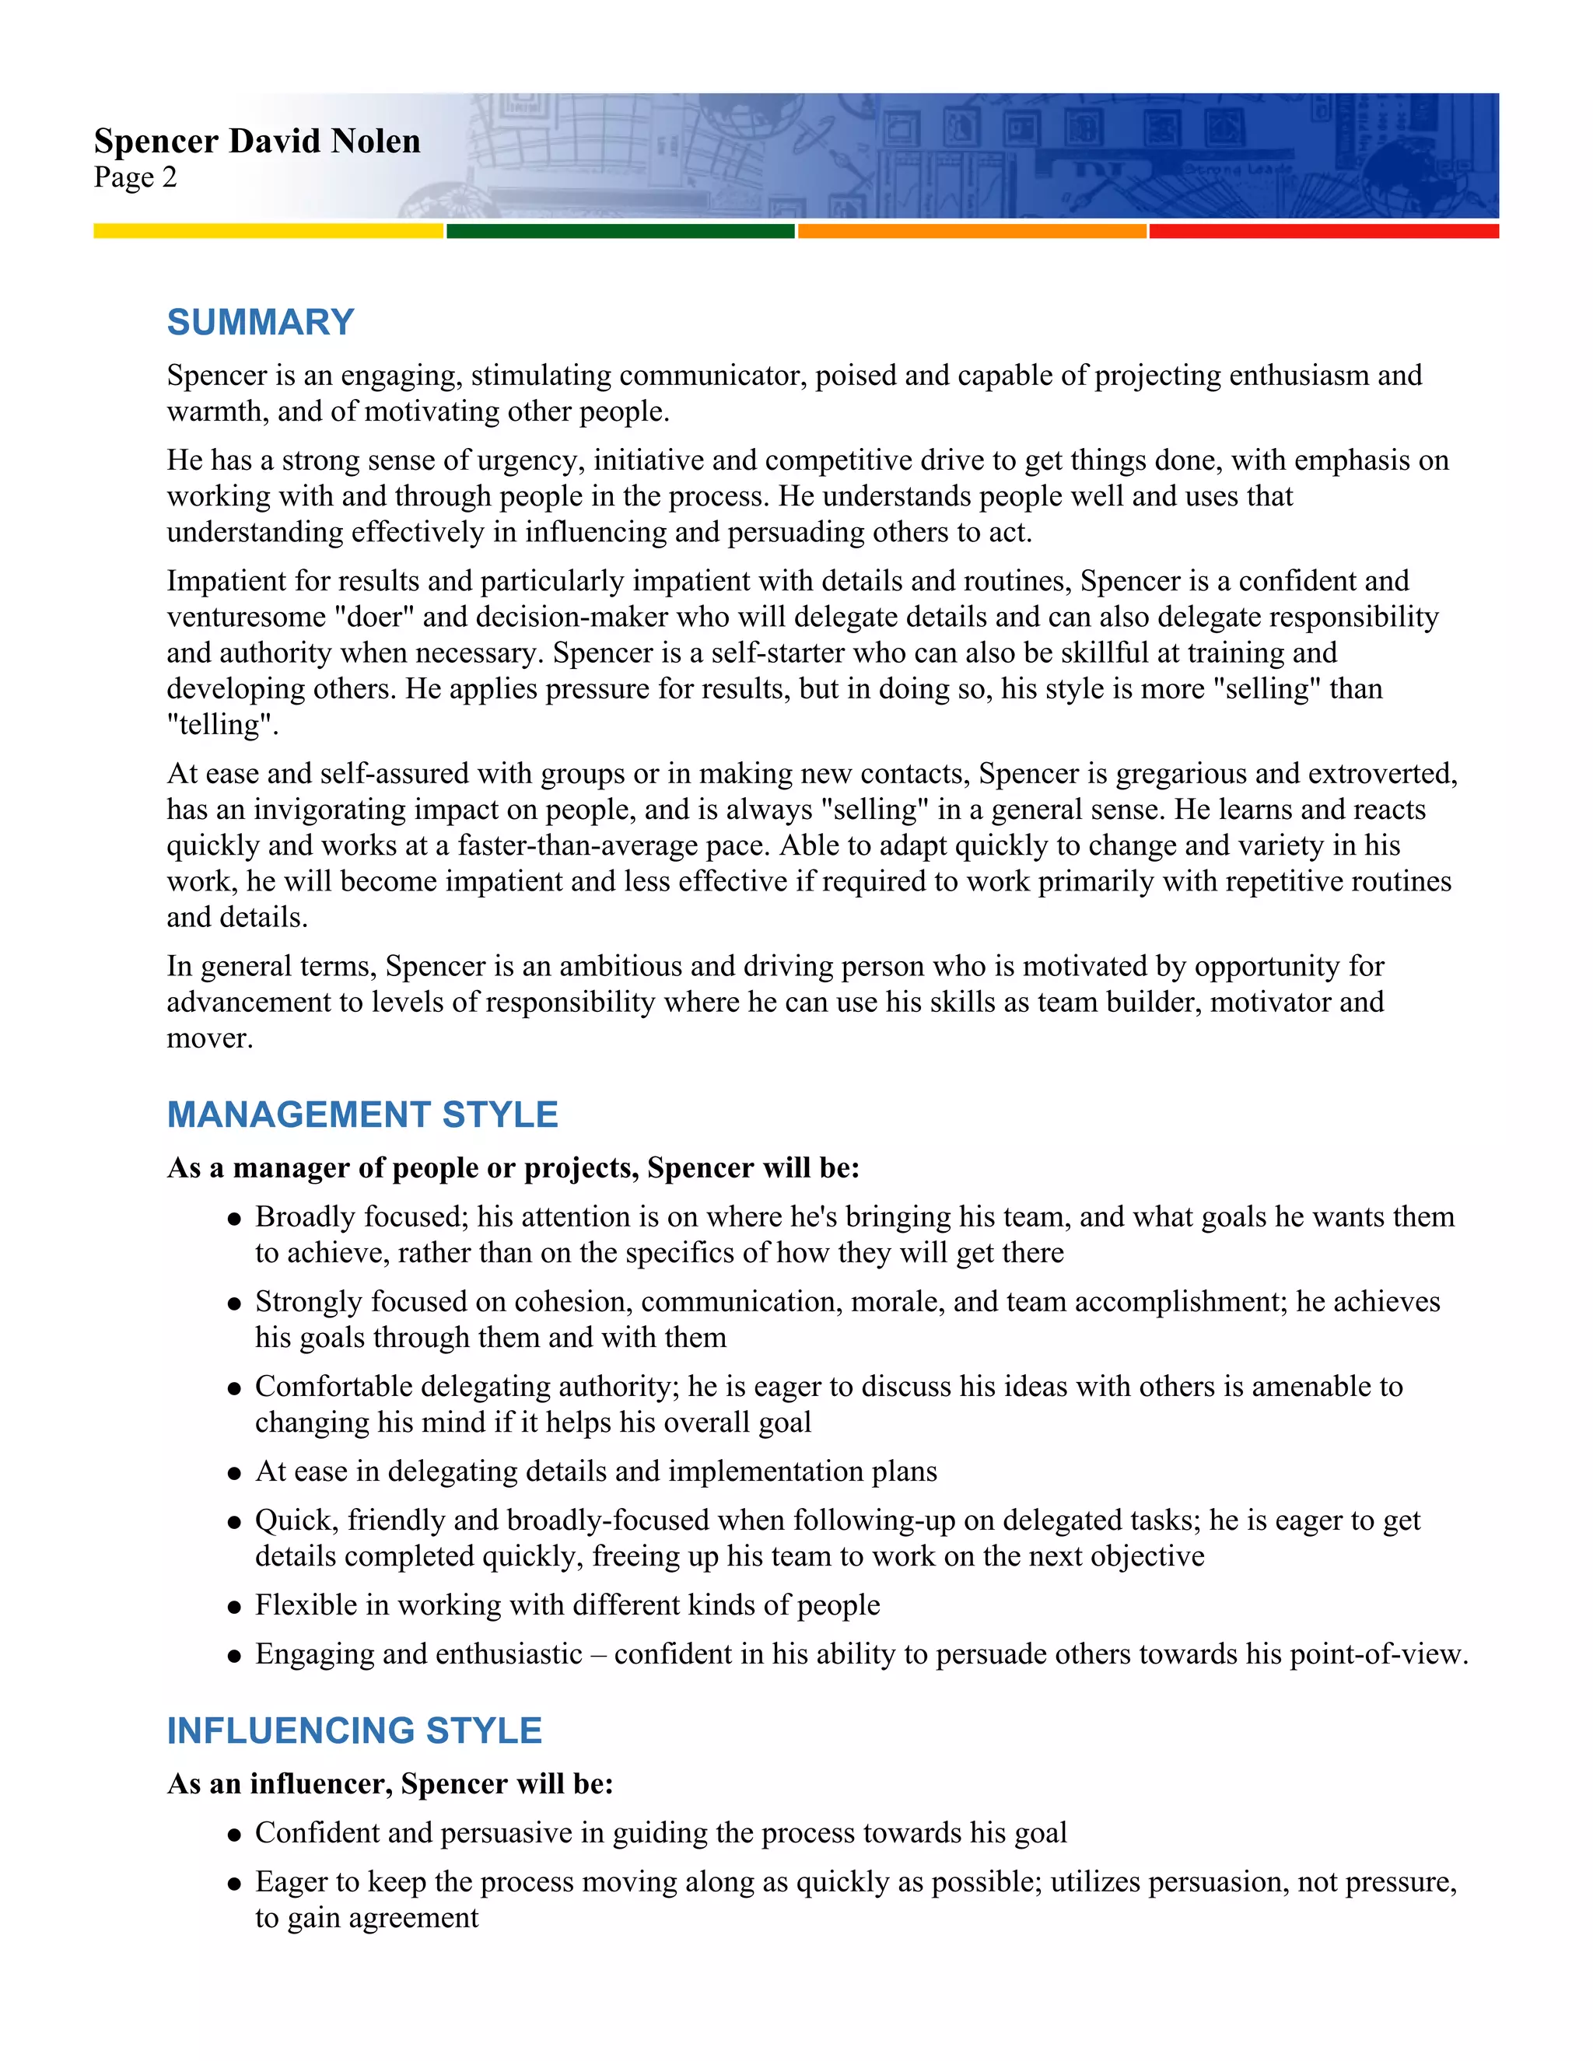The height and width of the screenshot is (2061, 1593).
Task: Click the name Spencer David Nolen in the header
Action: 257,142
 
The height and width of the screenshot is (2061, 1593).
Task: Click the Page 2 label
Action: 135,177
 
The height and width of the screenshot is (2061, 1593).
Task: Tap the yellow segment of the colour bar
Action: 268,231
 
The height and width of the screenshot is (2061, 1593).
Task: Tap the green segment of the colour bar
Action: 620,231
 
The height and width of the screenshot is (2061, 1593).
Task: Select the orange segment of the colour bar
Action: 972,231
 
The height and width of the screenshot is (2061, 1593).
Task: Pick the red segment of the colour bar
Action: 1323,231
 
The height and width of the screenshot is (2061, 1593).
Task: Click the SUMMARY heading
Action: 261,323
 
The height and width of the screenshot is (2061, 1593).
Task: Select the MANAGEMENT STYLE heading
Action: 362,1114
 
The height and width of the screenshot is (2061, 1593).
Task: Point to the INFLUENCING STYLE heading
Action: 354,1730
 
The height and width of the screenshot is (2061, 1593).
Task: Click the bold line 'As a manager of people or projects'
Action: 513,1168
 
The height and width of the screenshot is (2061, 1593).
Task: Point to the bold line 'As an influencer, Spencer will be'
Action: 390,1784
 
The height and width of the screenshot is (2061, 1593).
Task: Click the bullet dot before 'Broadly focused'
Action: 234,1219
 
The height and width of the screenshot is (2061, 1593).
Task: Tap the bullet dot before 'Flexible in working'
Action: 234,1607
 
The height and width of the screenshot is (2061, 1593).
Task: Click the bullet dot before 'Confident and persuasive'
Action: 234,1835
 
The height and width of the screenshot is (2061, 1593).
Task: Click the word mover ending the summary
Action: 208,1039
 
